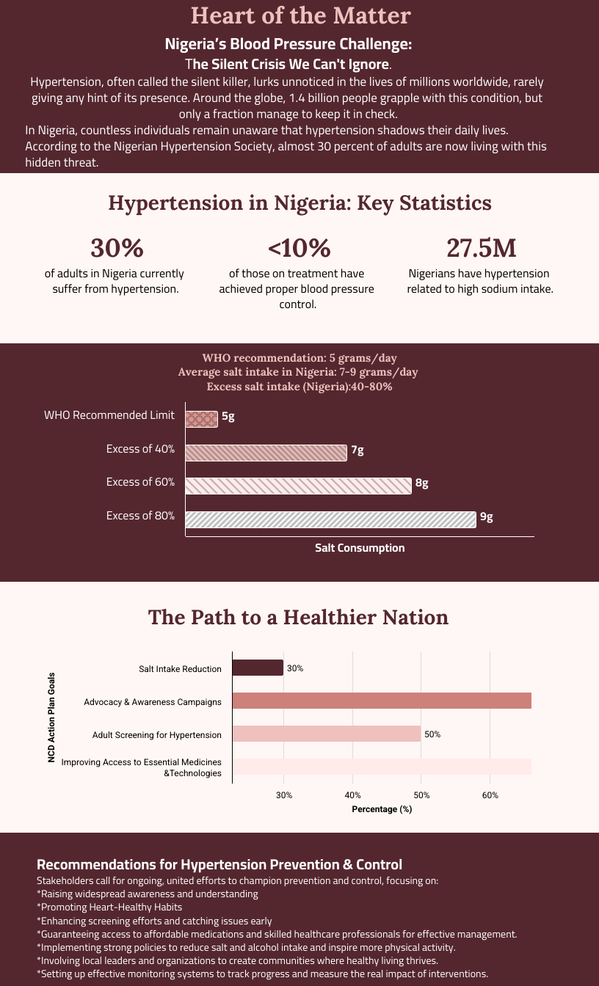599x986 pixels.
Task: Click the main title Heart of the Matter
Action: point(300,15)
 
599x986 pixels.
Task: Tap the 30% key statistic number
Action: point(116,248)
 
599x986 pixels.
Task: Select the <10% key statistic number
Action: point(299,248)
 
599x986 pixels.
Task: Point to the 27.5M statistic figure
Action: point(481,248)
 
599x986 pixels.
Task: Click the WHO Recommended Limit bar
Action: point(202,419)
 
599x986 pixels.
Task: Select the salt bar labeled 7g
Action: point(266,453)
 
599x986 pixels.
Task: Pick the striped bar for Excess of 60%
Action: point(298,486)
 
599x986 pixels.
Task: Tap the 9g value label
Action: point(486,516)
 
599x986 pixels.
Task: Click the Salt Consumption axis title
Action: point(360,548)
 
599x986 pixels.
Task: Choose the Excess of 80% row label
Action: point(140,516)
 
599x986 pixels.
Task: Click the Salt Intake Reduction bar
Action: point(258,668)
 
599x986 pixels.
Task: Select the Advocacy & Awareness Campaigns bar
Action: point(382,701)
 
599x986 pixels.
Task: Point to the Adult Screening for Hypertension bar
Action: point(327,734)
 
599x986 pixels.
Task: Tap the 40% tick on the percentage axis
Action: point(352,795)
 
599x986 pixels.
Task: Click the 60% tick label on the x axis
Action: point(490,795)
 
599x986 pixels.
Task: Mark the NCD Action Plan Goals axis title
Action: point(51,717)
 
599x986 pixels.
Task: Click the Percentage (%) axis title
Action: point(382,809)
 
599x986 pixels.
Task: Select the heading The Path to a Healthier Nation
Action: point(298,617)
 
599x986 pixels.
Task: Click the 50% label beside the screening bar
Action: point(432,734)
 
